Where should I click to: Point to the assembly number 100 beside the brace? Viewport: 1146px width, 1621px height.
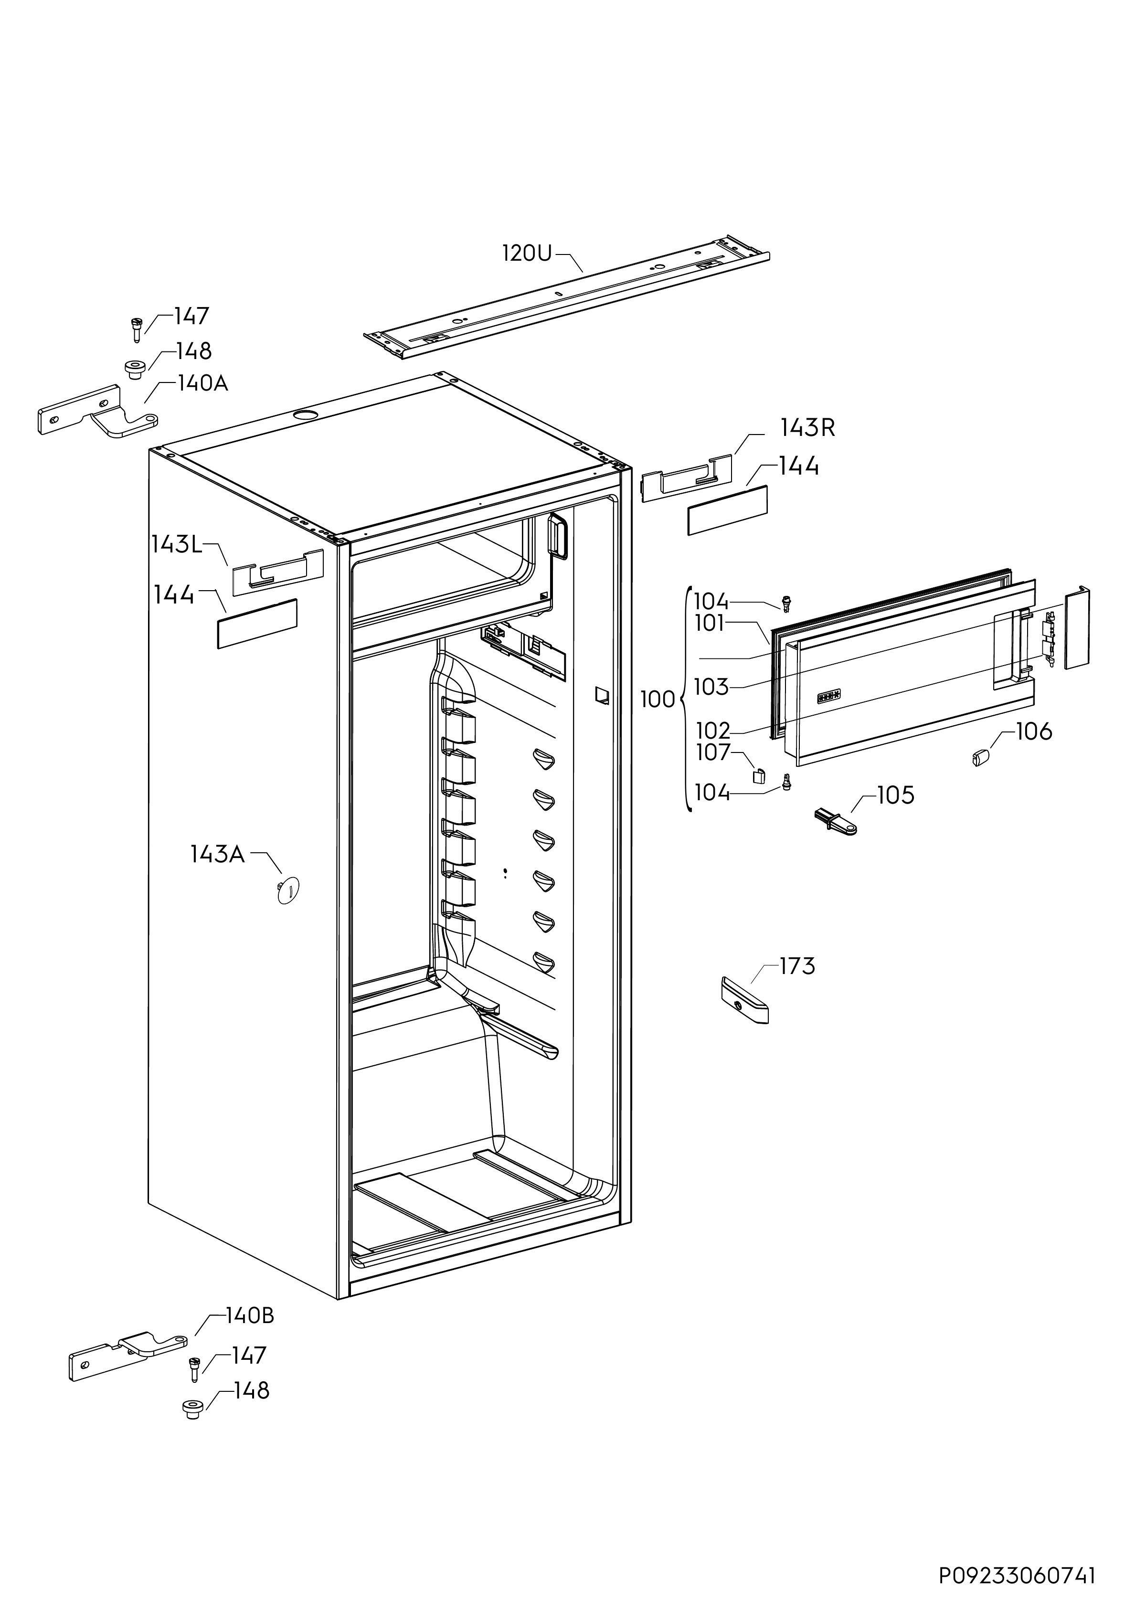click(x=658, y=699)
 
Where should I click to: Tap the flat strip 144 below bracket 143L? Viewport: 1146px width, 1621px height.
click(x=257, y=624)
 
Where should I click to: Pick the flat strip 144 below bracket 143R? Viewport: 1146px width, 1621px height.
click(x=727, y=510)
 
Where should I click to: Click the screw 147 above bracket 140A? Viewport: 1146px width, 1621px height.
click(x=137, y=330)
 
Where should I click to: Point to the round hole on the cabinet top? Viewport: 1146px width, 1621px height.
click(x=306, y=414)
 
